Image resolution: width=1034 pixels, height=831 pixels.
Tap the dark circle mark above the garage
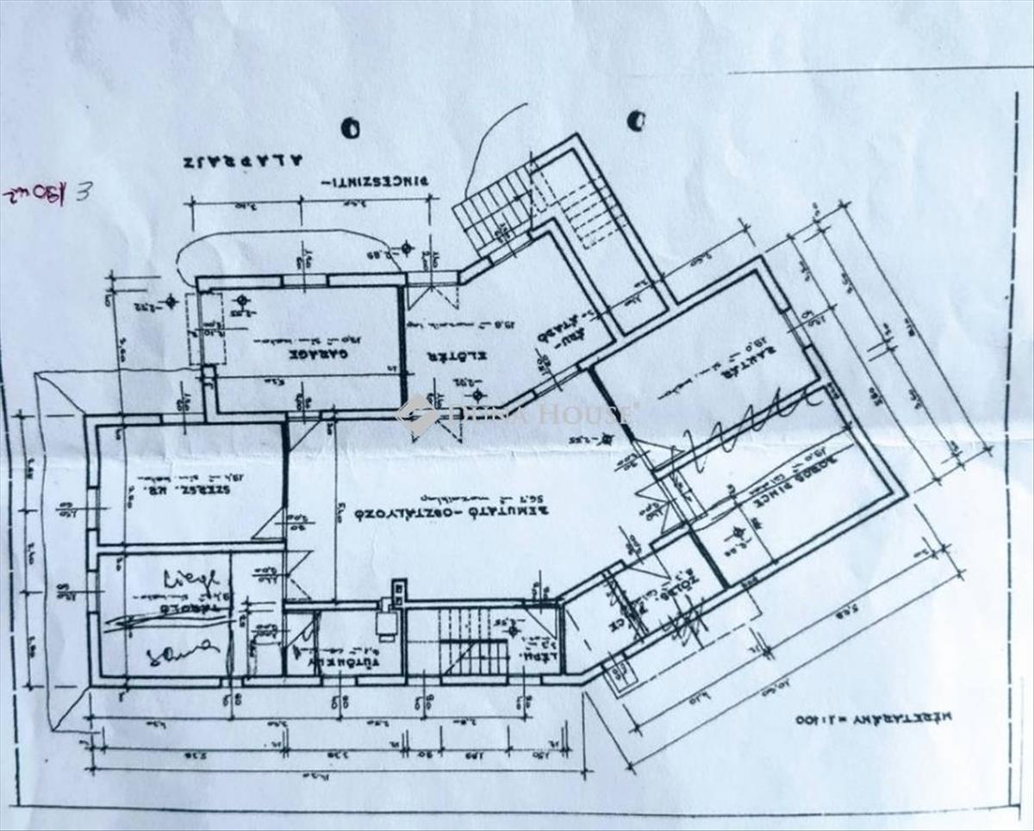[x=351, y=128]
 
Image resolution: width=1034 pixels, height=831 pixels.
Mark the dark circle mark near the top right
[x=636, y=121]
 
